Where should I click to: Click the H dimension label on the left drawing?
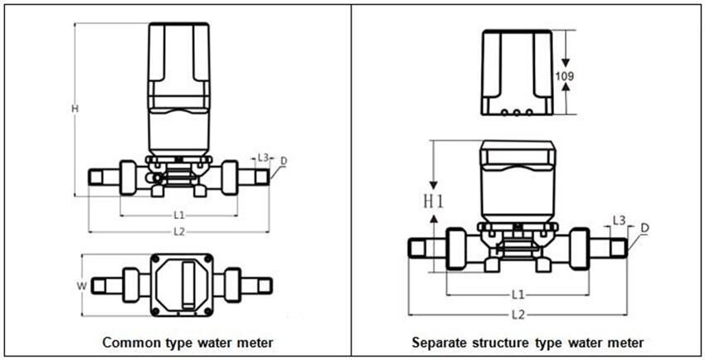[75, 109]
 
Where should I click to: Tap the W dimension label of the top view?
[81, 286]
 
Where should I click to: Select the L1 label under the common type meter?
[178, 216]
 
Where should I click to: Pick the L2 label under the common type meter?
[178, 231]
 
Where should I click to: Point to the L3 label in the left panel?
[262, 156]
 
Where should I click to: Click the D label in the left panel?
[284, 160]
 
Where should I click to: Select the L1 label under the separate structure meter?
[518, 294]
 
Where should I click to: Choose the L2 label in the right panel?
[518, 314]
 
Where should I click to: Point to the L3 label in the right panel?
[619, 220]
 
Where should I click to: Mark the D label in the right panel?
[644, 227]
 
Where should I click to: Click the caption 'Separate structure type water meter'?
[528, 342]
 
